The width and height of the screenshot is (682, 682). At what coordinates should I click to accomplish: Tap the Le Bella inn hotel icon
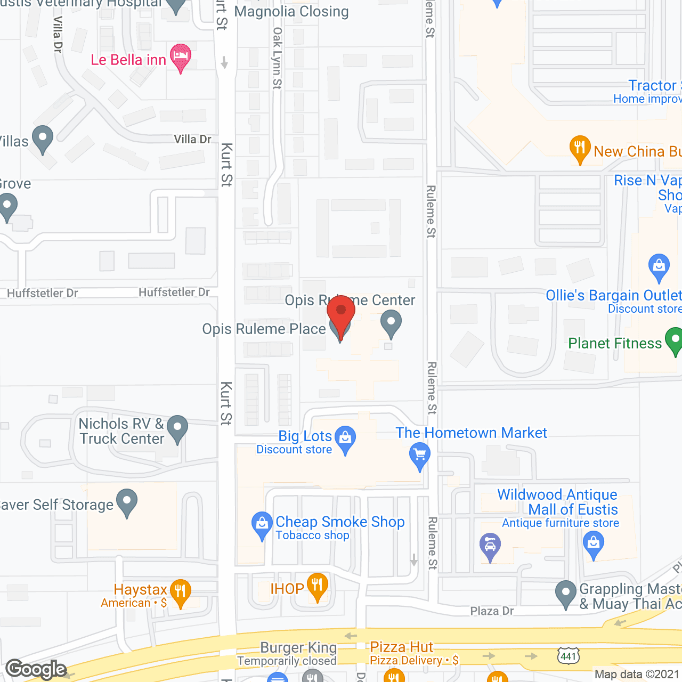click(x=181, y=56)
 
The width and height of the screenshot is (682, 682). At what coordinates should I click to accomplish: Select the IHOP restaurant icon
click(x=318, y=586)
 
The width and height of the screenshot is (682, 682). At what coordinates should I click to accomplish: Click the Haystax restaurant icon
click(x=180, y=592)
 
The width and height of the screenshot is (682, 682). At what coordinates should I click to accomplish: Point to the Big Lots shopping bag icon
click(x=346, y=439)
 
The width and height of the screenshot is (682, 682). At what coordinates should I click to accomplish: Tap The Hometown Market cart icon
click(x=420, y=456)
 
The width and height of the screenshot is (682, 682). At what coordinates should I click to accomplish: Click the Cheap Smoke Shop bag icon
click(x=262, y=524)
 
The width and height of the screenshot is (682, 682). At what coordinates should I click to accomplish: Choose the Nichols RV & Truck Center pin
click(x=177, y=428)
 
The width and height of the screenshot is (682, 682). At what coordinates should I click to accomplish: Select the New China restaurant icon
click(x=580, y=149)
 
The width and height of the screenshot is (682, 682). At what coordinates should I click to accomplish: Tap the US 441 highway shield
click(x=568, y=655)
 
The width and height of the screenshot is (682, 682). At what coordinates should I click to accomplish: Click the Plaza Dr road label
click(x=492, y=611)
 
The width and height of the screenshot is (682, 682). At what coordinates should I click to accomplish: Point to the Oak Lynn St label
click(x=277, y=59)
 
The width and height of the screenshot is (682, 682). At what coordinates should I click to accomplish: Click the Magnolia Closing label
click(x=291, y=12)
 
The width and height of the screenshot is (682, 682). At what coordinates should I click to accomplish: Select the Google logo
click(x=36, y=669)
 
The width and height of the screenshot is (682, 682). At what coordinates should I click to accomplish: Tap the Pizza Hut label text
click(x=402, y=647)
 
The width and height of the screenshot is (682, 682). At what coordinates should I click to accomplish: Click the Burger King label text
click(x=298, y=648)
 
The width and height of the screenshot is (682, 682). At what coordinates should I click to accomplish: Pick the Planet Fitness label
click(x=615, y=343)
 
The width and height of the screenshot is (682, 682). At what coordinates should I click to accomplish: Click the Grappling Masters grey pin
click(x=566, y=593)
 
